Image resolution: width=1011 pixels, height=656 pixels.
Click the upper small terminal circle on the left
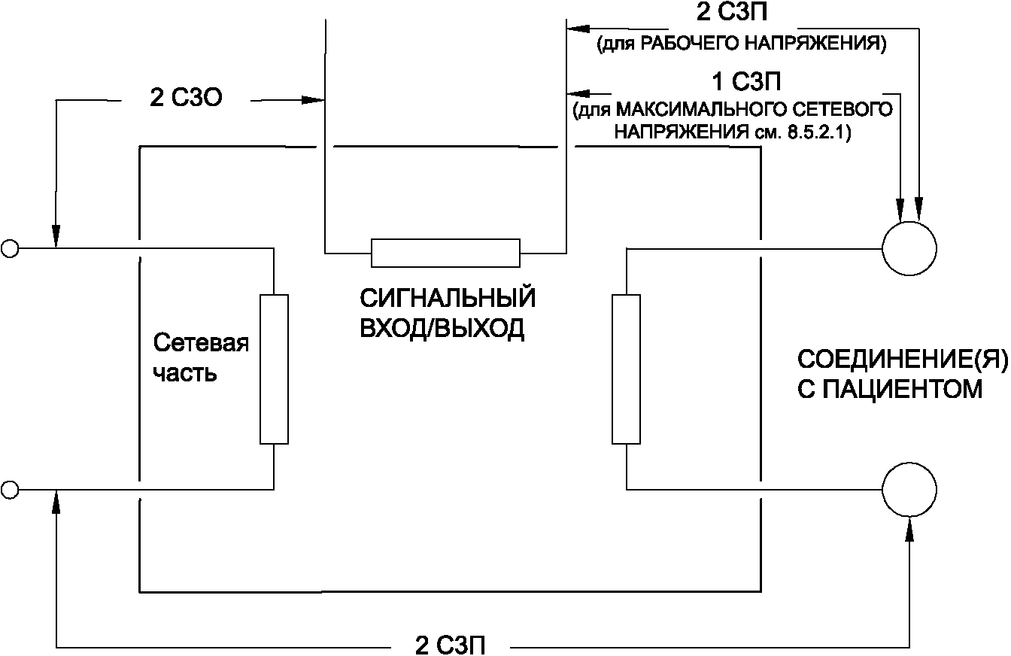pos(9,248)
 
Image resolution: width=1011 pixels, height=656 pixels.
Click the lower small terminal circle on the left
pos(9,490)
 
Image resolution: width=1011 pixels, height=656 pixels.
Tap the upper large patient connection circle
pos(909,248)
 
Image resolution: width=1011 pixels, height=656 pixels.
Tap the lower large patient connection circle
pos(909,490)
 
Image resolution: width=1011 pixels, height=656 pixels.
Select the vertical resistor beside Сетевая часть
pos(274,369)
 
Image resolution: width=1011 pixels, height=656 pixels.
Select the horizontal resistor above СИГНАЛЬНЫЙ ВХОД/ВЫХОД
pos(445,253)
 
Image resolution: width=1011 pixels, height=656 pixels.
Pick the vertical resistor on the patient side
pos(626,369)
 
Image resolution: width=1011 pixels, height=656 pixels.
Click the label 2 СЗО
pos(185,99)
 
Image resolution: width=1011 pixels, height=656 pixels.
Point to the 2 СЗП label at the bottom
pos(450,645)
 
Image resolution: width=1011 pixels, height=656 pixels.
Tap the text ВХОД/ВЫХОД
pos(442,330)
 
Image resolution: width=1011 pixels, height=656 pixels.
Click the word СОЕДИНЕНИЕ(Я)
pos(901,360)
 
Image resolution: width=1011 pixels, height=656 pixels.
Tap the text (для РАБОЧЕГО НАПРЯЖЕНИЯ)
pos(741,44)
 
